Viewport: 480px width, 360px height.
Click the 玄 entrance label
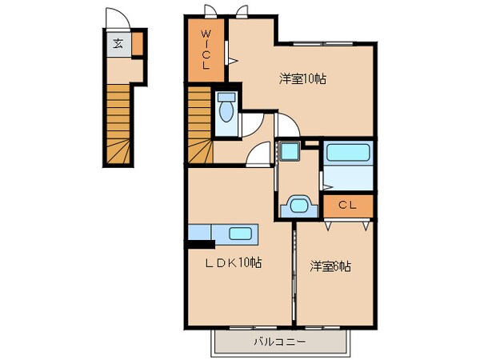tap(118, 44)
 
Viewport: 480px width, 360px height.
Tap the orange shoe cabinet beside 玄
tap(138, 44)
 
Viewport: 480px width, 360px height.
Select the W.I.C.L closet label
tap(206, 50)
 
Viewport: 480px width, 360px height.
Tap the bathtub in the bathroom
tap(348, 152)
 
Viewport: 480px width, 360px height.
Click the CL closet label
tap(347, 205)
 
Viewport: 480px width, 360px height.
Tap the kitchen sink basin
tap(241, 234)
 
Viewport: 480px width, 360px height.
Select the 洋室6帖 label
tap(330, 266)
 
